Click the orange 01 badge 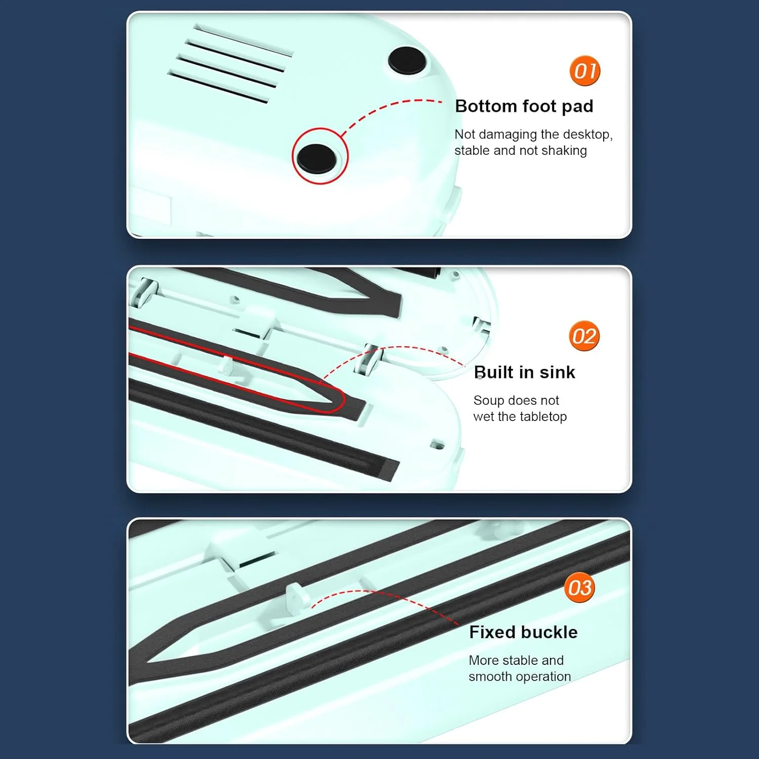pos(585,71)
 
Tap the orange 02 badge pos(584,336)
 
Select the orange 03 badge pos(580,587)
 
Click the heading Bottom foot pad pos(524,106)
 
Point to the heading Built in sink pos(525,372)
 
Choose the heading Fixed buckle pos(523,632)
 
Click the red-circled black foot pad pos(317,158)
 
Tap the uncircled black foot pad pos(407,61)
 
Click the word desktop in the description pos(588,135)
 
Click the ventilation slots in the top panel pos(231,64)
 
